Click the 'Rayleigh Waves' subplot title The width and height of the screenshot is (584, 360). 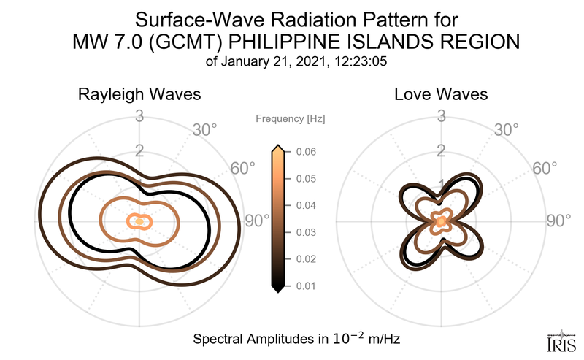[x=139, y=95]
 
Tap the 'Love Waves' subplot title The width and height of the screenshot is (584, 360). [x=441, y=94]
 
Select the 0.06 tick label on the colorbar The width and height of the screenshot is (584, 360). [x=306, y=152]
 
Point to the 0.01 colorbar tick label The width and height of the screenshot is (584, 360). [x=306, y=286]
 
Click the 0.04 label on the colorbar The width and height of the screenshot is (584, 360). [x=306, y=205]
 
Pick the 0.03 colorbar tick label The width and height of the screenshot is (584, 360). [x=306, y=232]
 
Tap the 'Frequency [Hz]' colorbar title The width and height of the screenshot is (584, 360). [x=290, y=119]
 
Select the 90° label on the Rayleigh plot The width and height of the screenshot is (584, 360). [x=257, y=221]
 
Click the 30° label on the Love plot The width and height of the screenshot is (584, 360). [x=507, y=130]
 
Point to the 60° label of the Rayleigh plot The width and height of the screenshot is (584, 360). [x=243, y=169]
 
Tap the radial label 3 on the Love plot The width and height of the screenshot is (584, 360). [x=441, y=116]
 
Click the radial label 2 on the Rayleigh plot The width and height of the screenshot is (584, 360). [x=139, y=150]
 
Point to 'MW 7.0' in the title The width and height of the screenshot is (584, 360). [x=107, y=42]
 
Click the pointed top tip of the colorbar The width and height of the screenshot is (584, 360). [x=278, y=145]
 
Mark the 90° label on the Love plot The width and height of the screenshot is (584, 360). [x=558, y=221]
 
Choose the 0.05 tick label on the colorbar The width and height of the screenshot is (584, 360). [x=306, y=179]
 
